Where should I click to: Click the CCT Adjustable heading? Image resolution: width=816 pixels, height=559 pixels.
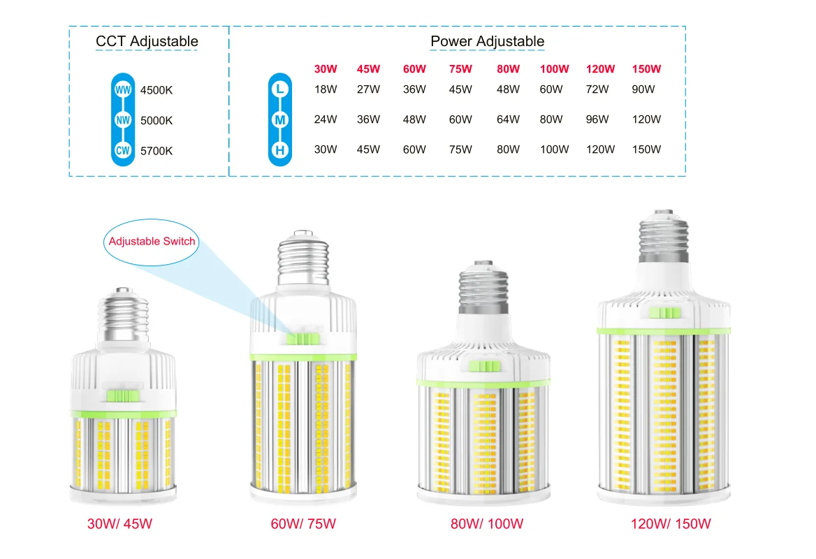pyautogui.click(x=147, y=41)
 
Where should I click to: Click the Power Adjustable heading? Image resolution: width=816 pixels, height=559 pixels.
pyautogui.click(x=487, y=41)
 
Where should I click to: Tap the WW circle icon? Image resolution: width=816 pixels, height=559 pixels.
pyautogui.click(x=123, y=90)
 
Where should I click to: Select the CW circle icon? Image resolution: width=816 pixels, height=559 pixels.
pyautogui.click(x=123, y=150)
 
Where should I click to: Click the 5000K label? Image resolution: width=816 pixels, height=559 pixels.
pyautogui.click(x=156, y=120)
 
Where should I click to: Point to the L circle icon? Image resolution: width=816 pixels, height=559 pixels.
pyautogui.click(x=280, y=89)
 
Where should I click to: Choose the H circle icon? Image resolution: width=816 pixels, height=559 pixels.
pyautogui.click(x=280, y=149)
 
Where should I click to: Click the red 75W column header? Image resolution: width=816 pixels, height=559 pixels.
pyautogui.click(x=460, y=69)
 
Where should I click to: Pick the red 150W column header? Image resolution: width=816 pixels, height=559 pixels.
pyautogui.click(x=646, y=69)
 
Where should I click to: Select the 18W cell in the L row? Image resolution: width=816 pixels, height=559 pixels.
pyautogui.click(x=326, y=89)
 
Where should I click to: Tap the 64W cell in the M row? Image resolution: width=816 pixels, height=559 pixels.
pyautogui.click(x=508, y=119)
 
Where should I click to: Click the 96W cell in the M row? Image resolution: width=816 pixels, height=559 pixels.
pyautogui.click(x=600, y=119)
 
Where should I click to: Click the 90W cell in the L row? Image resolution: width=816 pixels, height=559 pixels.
pyautogui.click(x=643, y=89)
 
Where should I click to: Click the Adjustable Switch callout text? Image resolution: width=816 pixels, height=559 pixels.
pyautogui.click(x=152, y=242)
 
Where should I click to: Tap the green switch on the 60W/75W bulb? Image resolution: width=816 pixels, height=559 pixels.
pyautogui.click(x=302, y=339)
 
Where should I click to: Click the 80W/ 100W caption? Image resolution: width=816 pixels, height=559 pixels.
pyautogui.click(x=487, y=524)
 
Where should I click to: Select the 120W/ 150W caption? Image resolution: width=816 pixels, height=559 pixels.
pyautogui.click(x=671, y=524)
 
